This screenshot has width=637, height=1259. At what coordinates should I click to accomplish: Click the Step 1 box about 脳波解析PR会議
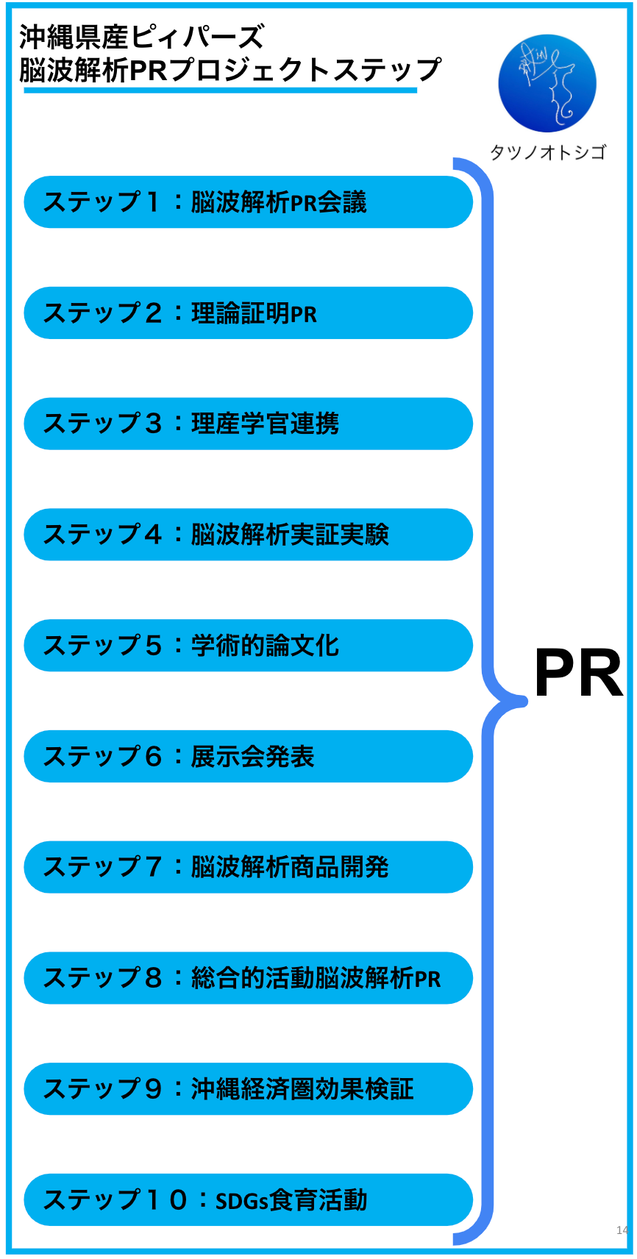pos(248,202)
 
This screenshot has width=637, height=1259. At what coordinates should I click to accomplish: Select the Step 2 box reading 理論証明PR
pos(248,313)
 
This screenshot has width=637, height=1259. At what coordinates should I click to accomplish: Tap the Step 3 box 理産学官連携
pos(248,424)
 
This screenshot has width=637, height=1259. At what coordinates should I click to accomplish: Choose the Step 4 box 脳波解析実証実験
pos(248,535)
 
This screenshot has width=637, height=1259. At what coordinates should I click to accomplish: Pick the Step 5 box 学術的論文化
pos(248,646)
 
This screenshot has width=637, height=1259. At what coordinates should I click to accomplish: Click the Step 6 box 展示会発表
pos(248,757)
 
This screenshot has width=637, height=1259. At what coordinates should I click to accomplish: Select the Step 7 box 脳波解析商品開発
pos(248,868)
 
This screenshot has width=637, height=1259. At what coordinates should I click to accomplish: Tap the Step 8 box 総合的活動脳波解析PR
pos(248,978)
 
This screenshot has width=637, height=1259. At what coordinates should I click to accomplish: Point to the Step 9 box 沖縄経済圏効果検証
pos(248,1089)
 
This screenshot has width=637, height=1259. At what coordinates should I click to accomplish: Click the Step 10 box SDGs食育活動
pos(248,1200)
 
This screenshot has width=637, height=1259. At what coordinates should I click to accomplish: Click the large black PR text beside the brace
pos(578,674)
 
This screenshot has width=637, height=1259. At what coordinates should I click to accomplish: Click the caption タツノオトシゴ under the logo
pos(548,152)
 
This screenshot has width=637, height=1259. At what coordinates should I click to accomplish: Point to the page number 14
pos(622,1230)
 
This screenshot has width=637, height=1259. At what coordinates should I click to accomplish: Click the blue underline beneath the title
pos(221,90)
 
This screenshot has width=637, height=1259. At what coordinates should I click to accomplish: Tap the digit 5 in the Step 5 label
pos(153,646)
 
